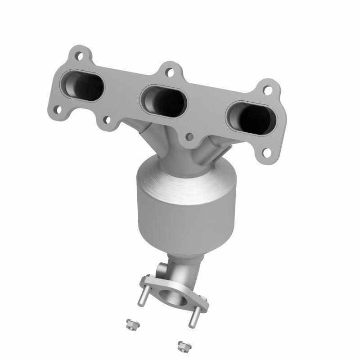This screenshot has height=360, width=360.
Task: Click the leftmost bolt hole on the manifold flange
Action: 57,108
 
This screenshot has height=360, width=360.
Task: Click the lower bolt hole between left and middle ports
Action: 107,119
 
